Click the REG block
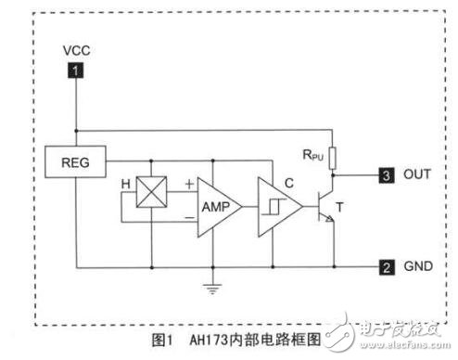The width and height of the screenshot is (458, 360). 76,163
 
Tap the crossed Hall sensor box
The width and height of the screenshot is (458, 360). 150,194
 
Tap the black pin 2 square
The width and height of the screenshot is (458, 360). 384,268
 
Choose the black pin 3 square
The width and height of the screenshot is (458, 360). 384,174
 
